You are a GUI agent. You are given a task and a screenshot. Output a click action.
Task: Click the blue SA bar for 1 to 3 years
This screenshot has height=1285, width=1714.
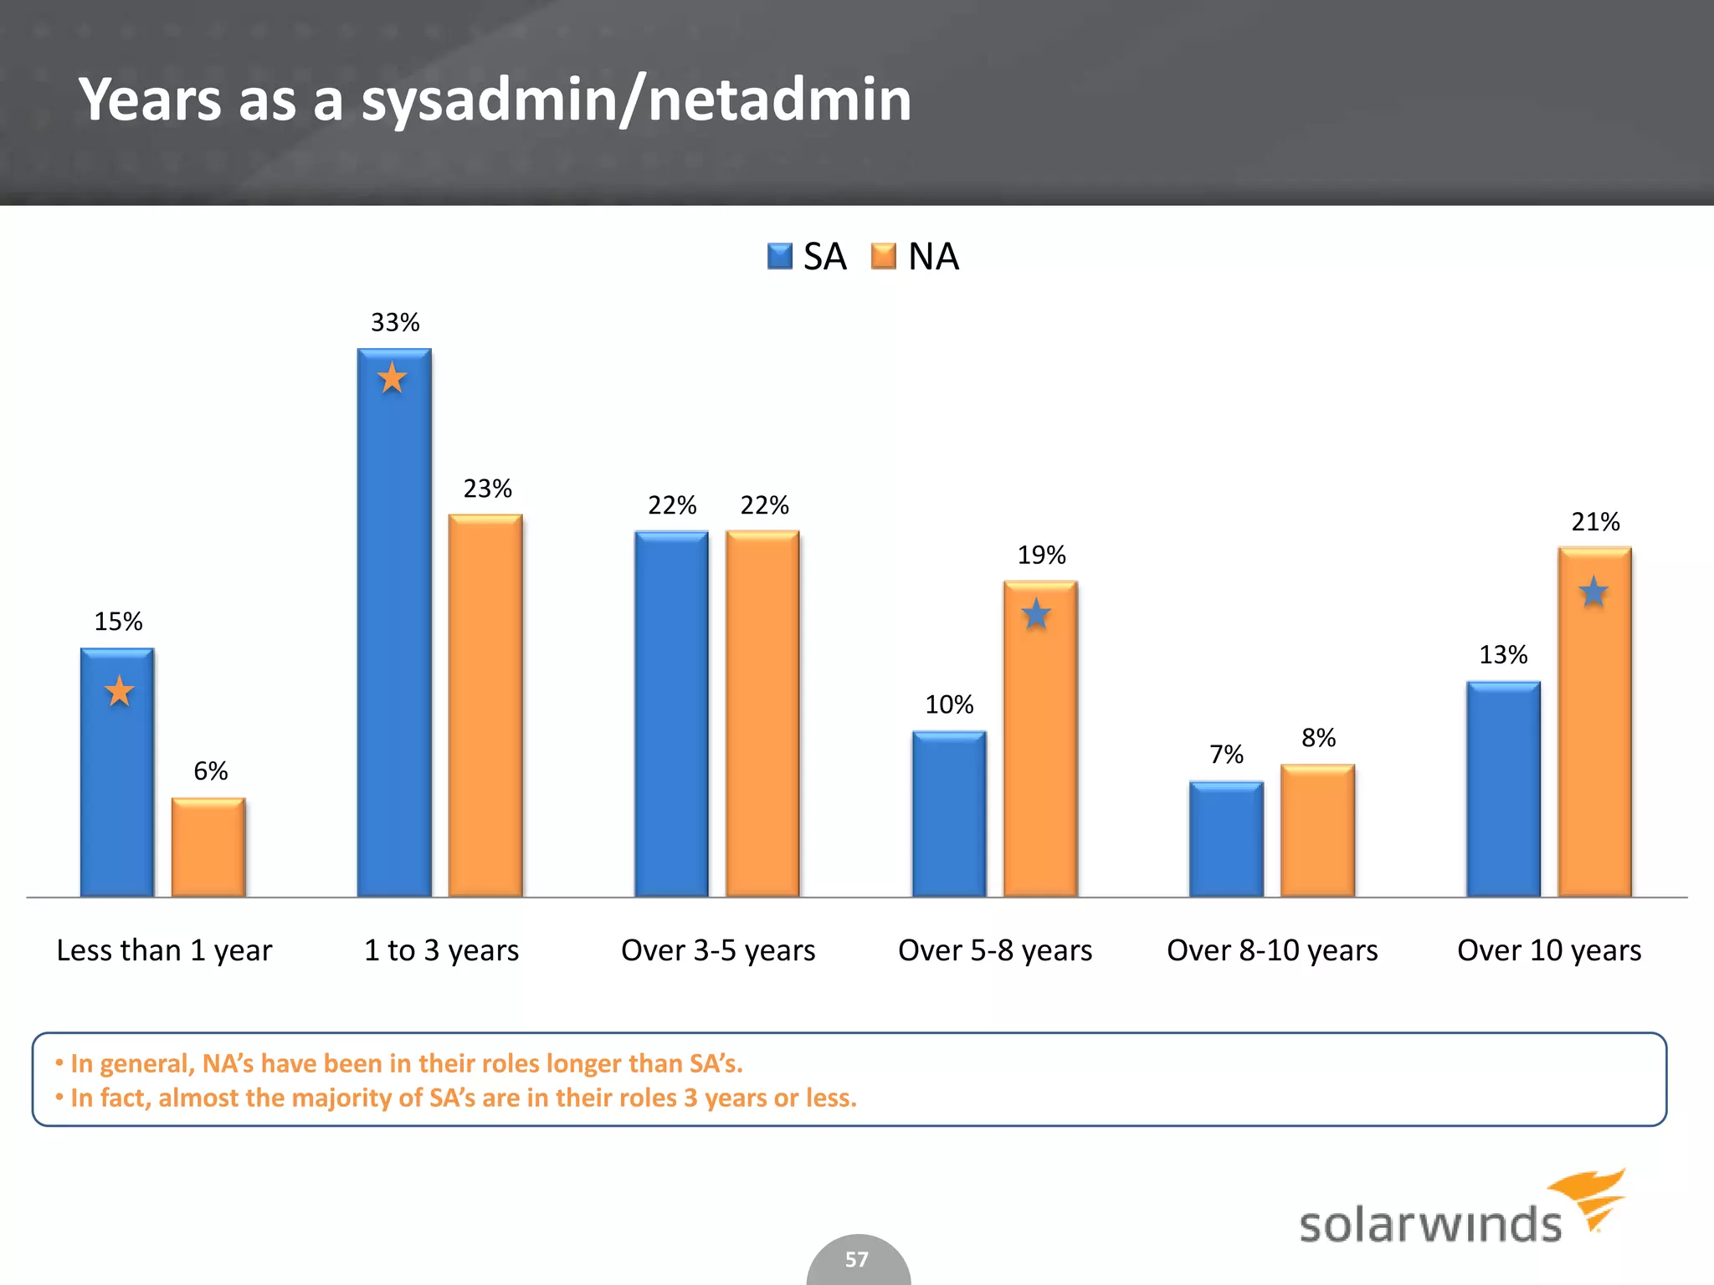pos(394,636)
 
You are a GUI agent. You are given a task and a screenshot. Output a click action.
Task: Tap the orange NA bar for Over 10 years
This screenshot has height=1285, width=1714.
pos(1594,736)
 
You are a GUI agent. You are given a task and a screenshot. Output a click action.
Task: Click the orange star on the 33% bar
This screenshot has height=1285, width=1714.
pos(392,378)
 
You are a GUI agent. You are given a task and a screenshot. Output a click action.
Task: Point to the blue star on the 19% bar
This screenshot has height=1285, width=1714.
pos(1036,614)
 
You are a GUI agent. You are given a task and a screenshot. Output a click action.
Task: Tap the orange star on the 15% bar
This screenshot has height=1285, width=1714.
pos(120,691)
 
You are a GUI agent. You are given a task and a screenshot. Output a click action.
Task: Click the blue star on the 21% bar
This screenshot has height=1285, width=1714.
pos(1593,592)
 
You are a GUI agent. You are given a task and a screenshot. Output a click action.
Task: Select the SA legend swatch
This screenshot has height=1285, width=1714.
pos(780,256)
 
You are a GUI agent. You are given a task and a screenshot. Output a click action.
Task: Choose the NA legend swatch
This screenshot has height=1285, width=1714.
pos(884,256)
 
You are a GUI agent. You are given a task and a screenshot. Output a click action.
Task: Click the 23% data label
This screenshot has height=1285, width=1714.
pos(488,489)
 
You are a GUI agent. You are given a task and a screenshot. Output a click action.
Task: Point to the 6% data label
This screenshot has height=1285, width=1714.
pos(211,770)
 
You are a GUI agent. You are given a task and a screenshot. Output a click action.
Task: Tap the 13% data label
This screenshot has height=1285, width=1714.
pos(1503,654)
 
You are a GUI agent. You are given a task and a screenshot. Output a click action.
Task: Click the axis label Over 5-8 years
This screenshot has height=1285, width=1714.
pos(995,950)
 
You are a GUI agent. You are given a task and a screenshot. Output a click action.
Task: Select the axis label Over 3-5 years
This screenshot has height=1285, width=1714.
pos(718,950)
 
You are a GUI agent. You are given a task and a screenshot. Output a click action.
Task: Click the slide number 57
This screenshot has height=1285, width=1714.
pos(857,1259)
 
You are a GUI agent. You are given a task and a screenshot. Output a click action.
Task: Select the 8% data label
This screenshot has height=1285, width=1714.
pos(1318,738)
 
